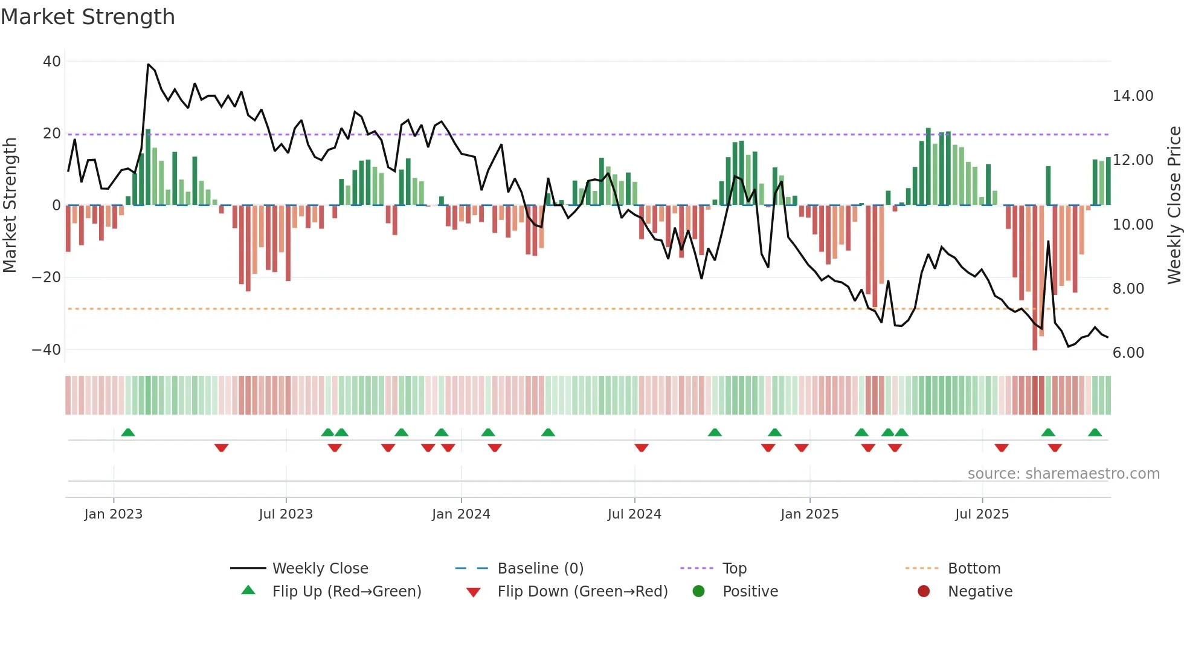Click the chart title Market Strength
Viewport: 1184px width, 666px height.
click(x=88, y=17)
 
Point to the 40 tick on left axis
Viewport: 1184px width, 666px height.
click(x=52, y=61)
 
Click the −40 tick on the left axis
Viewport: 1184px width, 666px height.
click(x=46, y=349)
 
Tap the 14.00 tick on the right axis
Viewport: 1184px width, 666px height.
click(x=1133, y=95)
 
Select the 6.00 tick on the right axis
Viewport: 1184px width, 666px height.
click(x=1128, y=352)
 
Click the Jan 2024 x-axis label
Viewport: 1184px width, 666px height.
click(x=461, y=514)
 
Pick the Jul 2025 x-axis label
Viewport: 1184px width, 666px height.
click(x=982, y=514)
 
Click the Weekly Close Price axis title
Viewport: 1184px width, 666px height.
click(x=1174, y=205)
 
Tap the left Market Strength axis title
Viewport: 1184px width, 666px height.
click(x=10, y=205)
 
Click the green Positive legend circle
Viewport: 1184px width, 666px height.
click(x=699, y=591)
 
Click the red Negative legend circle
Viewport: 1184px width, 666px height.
click(x=924, y=591)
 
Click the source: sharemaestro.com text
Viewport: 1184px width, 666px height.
click(x=1063, y=473)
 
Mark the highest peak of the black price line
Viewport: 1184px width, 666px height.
click(x=148, y=64)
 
